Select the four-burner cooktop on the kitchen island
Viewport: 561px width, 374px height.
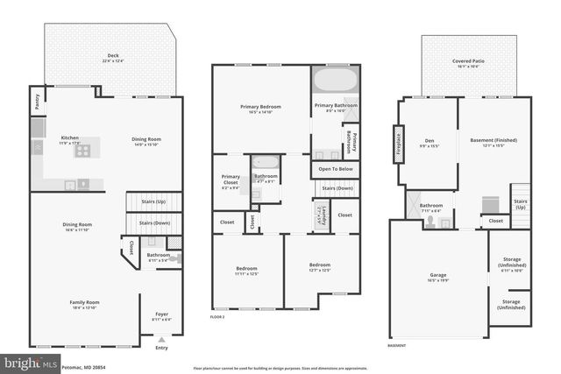(82, 150)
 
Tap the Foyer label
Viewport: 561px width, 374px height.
(160, 314)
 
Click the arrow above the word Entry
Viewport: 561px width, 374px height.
(161, 338)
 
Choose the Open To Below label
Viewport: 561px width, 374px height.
(335, 168)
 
